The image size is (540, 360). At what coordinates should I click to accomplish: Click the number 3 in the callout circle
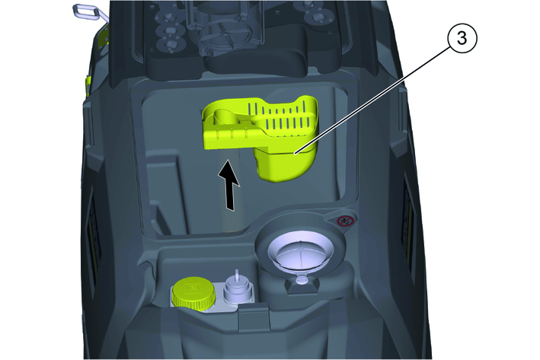(x=462, y=38)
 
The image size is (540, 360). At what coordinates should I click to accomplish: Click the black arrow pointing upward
(x=229, y=185)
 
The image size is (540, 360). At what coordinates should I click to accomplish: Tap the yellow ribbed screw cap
(x=193, y=292)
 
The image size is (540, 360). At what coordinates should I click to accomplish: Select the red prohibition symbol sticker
(x=343, y=221)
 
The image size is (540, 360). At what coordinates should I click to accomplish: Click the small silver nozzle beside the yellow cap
(x=236, y=289)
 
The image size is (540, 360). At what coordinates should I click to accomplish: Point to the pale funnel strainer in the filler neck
(x=301, y=253)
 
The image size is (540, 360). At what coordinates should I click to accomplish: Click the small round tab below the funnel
(x=302, y=279)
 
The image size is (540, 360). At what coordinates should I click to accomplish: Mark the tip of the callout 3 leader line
(x=296, y=153)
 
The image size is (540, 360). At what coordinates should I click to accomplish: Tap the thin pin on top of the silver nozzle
(x=237, y=275)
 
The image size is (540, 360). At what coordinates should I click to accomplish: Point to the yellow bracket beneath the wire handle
(x=104, y=37)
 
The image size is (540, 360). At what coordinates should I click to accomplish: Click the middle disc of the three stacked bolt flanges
(x=168, y=31)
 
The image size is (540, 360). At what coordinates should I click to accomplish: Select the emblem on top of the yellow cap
(x=191, y=286)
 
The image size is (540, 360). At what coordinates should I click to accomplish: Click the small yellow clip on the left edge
(x=88, y=86)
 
